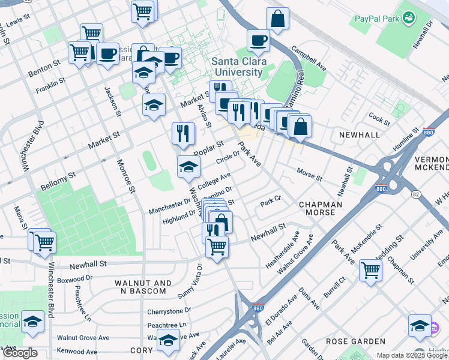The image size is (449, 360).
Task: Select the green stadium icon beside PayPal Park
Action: pos(409,19)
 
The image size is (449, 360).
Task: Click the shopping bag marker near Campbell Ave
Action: pos(277,19)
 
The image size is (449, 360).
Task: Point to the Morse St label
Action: pos(310,175)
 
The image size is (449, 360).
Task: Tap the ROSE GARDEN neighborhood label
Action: pos(355,341)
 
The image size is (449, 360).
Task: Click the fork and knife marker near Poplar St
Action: pos(182,133)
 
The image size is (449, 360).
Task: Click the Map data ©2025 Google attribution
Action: pos(412,355)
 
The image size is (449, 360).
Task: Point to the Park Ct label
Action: pos(271,200)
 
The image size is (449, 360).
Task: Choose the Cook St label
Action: pos(379,117)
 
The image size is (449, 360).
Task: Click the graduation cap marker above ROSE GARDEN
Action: pos(419,325)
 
